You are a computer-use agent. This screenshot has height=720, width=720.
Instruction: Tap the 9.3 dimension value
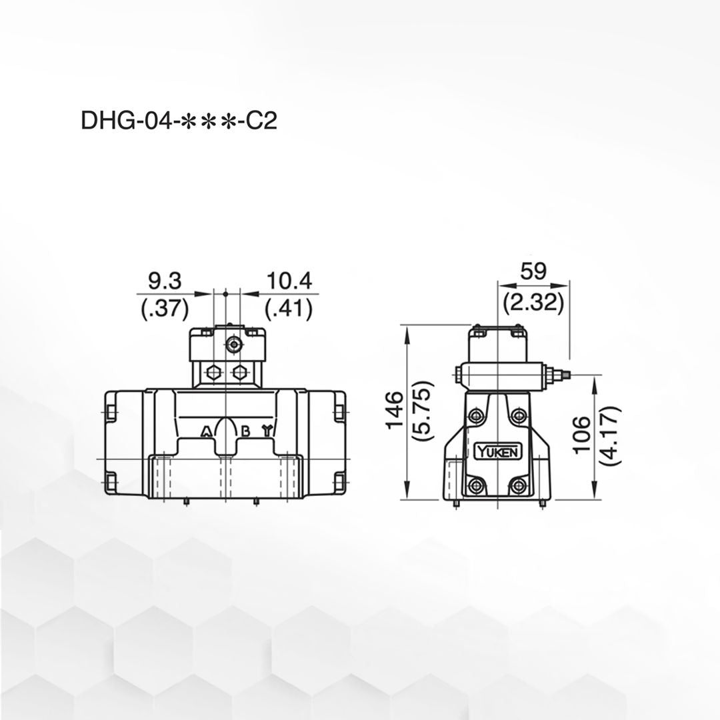[x=165, y=281]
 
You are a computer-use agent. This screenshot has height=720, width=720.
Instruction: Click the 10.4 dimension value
[x=289, y=281]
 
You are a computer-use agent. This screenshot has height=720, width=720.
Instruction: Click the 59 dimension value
[x=533, y=271]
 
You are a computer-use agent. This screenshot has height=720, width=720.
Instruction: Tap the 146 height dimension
[x=395, y=410]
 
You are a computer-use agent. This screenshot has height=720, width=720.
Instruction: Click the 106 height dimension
[x=582, y=434]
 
